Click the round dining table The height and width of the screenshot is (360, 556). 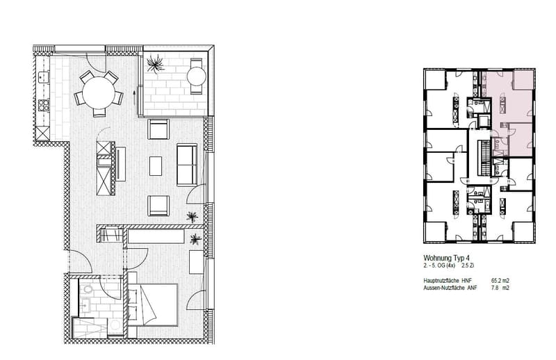[99, 93]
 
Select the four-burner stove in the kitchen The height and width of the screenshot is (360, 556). [43, 106]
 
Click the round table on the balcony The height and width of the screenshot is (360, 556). [197, 76]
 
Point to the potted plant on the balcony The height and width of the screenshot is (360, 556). [155, 64]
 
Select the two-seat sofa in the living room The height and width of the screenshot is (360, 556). [187, 165]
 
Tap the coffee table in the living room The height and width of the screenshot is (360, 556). [156, 166]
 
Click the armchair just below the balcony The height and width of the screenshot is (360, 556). [158, 129]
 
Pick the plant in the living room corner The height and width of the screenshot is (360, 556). [193, 216]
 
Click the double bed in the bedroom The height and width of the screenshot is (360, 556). [152, 304]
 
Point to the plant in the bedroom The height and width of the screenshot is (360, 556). [195, 239]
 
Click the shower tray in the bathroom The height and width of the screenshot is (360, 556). [90, 328]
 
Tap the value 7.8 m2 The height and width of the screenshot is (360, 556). [500, 288]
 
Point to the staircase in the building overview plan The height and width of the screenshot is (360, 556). [483, 158]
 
